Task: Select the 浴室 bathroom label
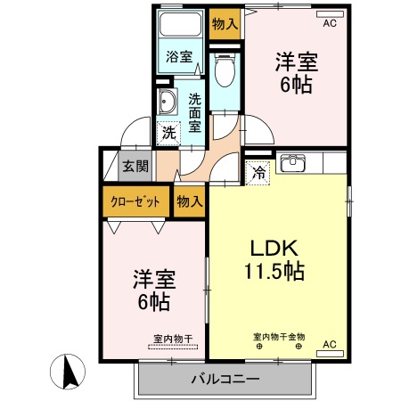(179, 57)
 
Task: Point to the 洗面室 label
(193, 112)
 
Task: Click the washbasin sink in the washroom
(166, 102)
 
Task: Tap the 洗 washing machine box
(168, 134)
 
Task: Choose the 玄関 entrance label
(135, 166)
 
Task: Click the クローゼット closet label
(135, 201)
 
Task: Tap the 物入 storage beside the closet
(189, 201)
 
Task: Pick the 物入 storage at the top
(225, 24)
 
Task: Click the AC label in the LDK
(328, 344)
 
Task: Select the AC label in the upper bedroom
(330, 24)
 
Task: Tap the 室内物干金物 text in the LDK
(279, 337)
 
